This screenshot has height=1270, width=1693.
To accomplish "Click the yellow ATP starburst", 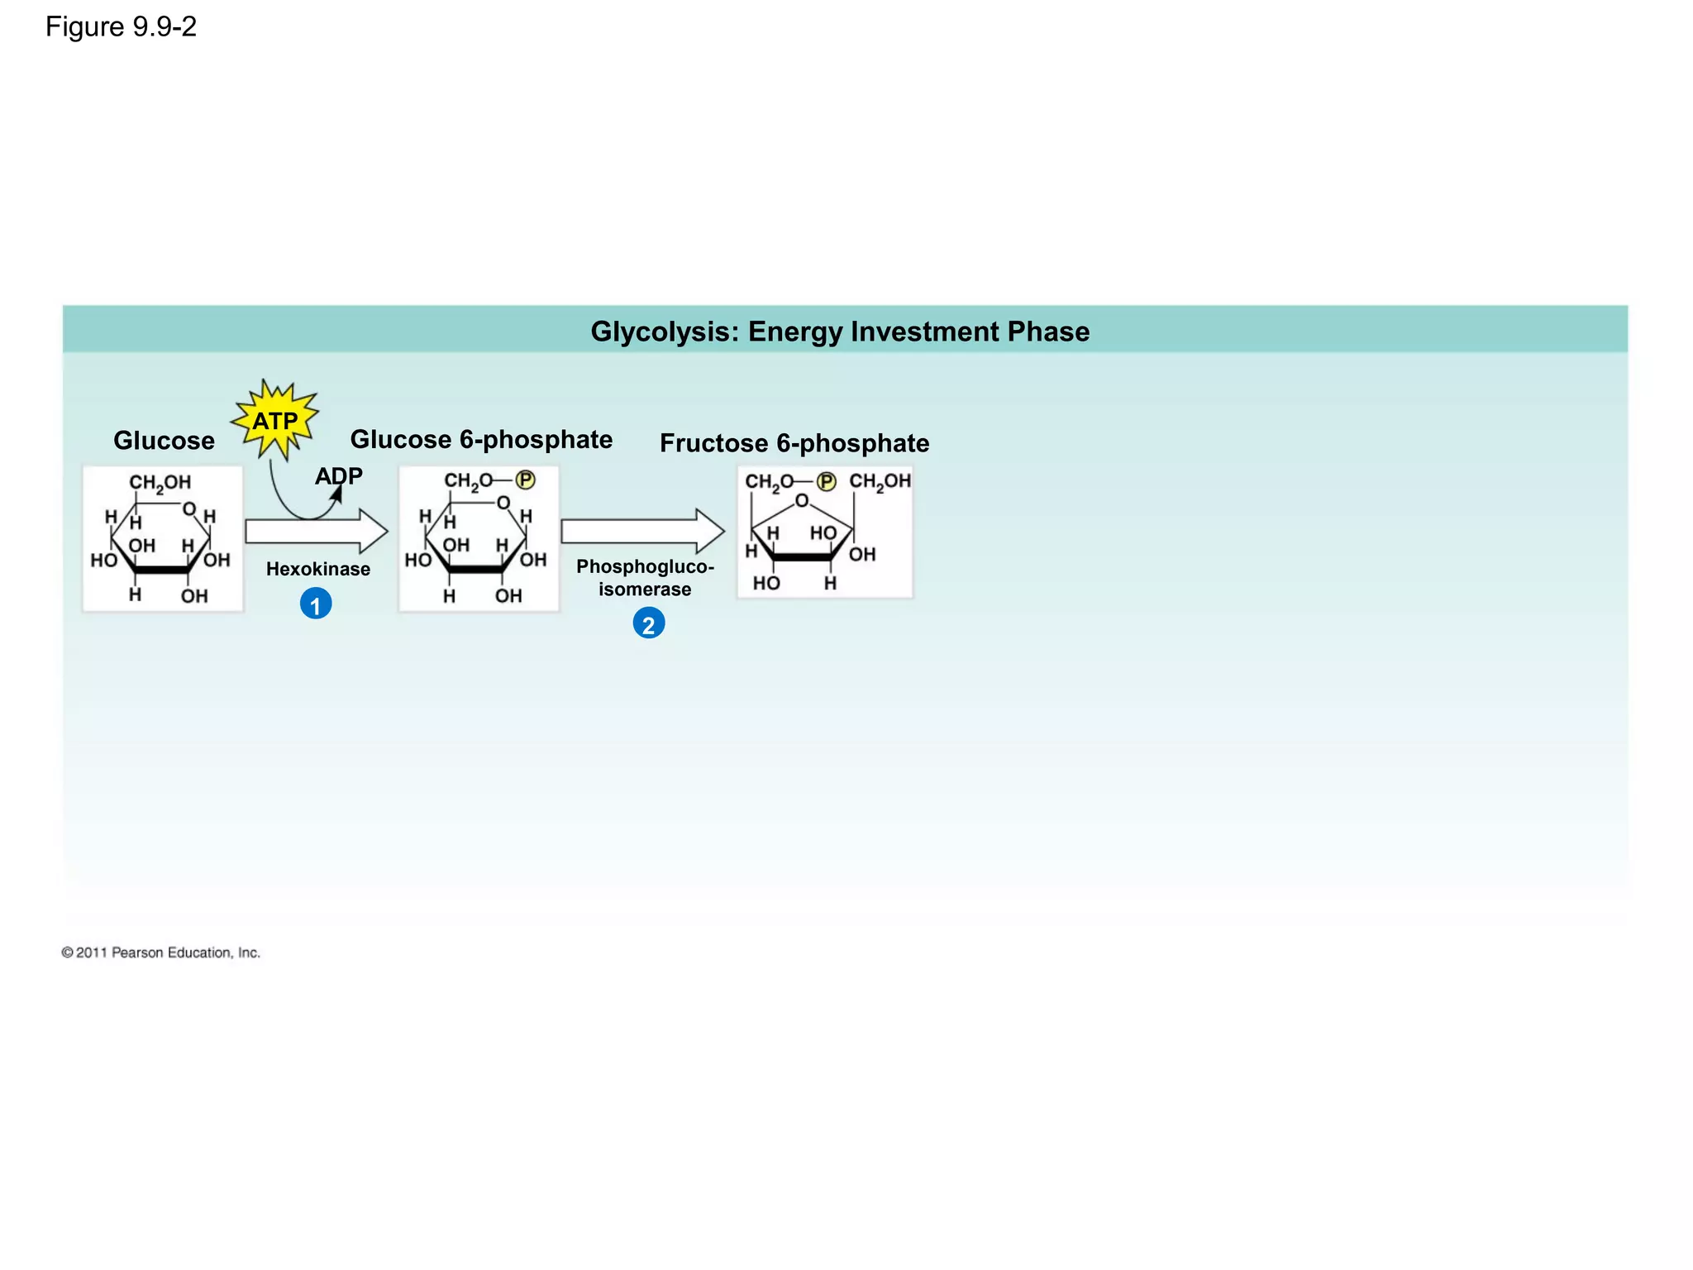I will pyautogui.click(x=275, y=421).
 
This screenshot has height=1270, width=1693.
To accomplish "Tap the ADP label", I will pyautogui.click(x=339, y=476).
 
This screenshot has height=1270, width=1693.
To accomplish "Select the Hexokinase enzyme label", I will pyautogui.click(x=318, y=569).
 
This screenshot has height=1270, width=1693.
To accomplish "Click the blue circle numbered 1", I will pyautogui.click(x=316, y=604).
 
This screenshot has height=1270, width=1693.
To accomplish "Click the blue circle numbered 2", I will pyautogui.click(x=648, y=624).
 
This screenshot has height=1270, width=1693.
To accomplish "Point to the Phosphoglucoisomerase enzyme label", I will pyautogui.click(x=645, y=578).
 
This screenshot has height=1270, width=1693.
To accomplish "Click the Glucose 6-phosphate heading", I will pyautogui.click(x=481, y=440).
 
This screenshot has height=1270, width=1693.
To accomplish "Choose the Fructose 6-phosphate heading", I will pyautogui.click(x=794, y=443).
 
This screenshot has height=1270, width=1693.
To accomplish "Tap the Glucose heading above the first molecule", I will pyautogui.click(x=164, y=441).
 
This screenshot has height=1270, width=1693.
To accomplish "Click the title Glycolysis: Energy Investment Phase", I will pyautogui.click(x=840, y=332).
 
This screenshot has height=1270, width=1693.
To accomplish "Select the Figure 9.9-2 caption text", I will pyautogui.click(x=121, y=27).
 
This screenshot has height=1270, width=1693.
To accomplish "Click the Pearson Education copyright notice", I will pyautogui.click(x=161, y=952).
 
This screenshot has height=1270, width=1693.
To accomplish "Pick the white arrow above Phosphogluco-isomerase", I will pyautogui.click(x=641, y=531).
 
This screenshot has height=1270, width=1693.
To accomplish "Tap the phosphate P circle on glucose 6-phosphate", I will pyautogui.click(x=525, y=480).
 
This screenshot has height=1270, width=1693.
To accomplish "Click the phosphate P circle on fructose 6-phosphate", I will pyautogui.click(x=826, y=481).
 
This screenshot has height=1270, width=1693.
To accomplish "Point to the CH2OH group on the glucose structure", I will pyautogui.click(x=160, y=483).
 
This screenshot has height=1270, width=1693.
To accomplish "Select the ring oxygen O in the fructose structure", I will pyautogui.click(x=801, y=500).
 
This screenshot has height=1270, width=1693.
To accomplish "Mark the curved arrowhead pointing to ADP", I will pyautogui.click(x=336, y=494).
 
